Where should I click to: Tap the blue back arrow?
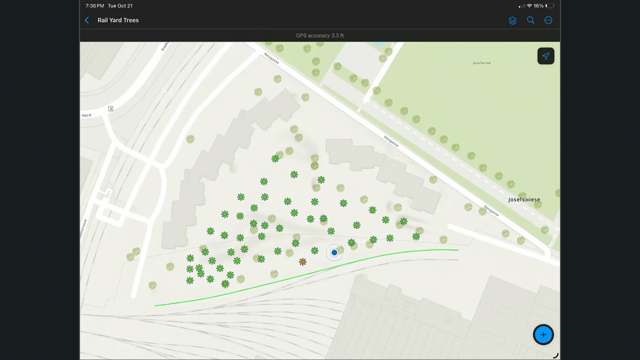click(87, 20)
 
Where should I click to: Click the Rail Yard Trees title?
click(118, 20)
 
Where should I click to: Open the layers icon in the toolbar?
click(512, 20)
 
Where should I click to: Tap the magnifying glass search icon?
click(530, 20)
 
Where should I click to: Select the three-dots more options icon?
click(548, 20)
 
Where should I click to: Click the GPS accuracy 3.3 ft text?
click(320, 35)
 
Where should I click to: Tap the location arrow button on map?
click(545, 56)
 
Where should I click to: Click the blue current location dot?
click(334, 252)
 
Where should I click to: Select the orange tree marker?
click(302, 261)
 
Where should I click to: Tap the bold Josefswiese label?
click(524, 199)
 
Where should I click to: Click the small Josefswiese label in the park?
click(481, 63)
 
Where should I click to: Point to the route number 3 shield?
click(110, 108)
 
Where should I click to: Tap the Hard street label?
click(86, 115)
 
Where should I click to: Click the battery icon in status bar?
click(549, 6)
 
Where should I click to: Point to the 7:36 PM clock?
click(94, 6)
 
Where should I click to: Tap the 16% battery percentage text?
click(538, 6)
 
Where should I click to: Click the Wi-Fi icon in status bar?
click(529, 6)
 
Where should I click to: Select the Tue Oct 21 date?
click(120, 6)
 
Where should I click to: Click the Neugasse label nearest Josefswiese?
click(491, 210)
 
